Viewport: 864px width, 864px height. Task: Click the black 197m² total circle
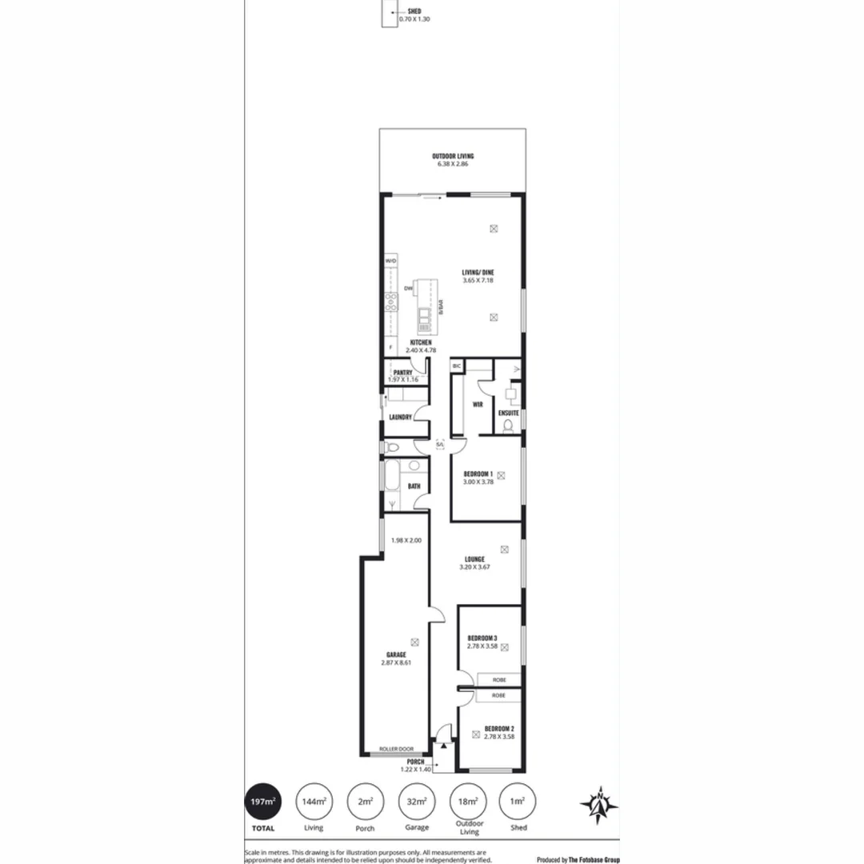(263, 800)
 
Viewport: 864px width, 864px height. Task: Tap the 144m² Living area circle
(314, 801)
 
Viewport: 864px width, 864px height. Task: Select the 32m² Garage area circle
(416, 801)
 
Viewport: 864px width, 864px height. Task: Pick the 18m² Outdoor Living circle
(467, 801)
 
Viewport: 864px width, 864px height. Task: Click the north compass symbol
(598, 803)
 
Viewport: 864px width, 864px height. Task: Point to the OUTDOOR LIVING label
(453, 156)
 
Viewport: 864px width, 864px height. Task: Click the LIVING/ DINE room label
(478, 273)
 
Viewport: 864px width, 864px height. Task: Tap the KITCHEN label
(421, 342)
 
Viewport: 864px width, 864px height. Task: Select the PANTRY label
(402, 373)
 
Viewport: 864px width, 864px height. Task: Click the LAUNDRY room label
(400, 417)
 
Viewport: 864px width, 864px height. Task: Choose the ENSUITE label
(508, 413)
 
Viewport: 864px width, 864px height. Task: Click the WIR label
(478, 405)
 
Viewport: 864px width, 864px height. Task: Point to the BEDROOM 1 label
(478, 474)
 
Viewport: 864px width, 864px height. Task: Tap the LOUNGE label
(474, 559)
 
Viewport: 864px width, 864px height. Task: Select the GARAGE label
(396, 654)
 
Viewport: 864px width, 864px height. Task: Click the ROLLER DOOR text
(396, 749)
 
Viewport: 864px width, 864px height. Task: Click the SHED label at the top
(414, 11)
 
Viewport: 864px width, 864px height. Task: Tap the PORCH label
(415, 762)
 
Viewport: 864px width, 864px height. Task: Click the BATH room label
(414, 486)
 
